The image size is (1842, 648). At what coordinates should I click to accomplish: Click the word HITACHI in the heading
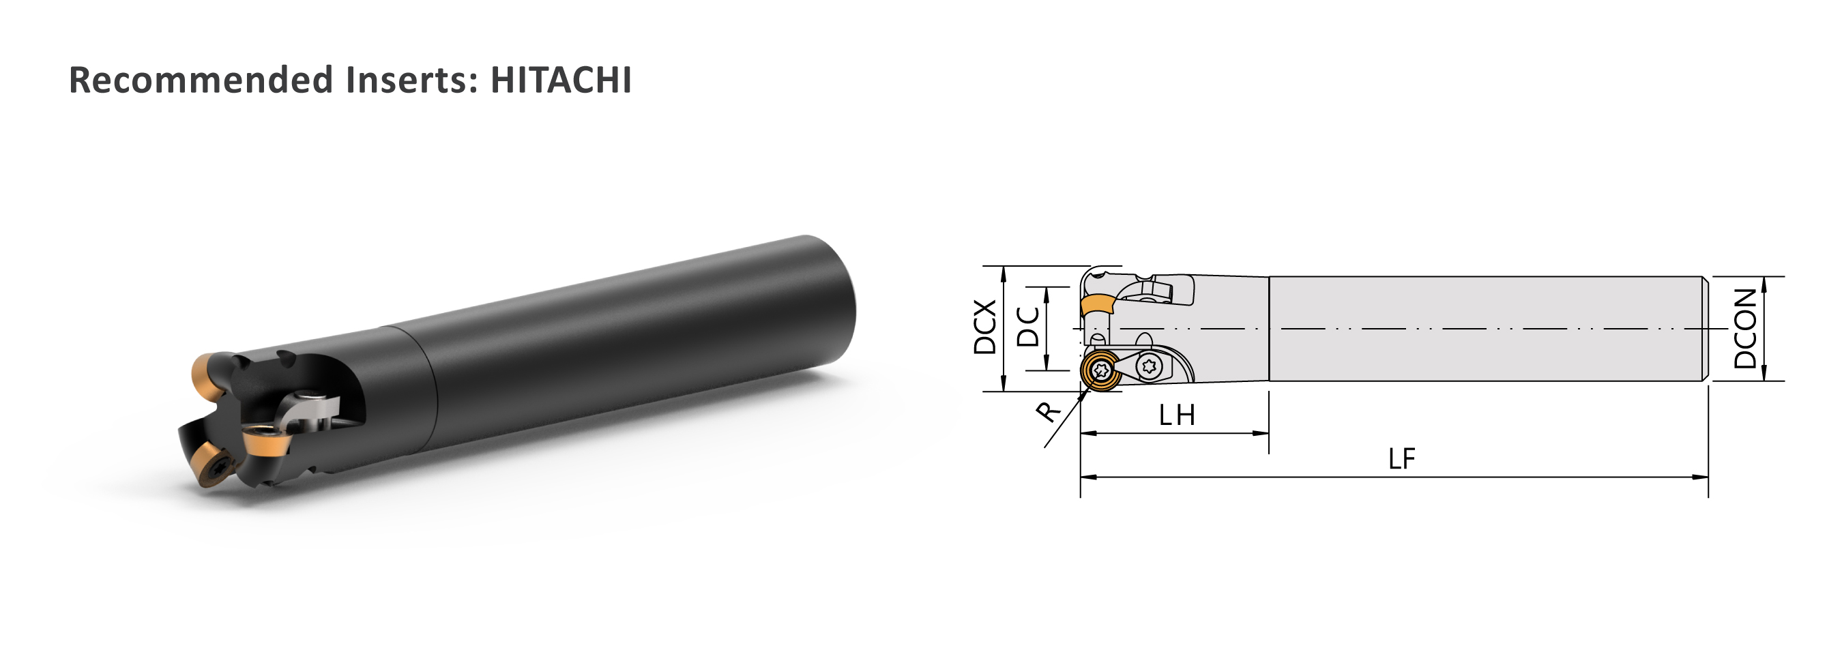(561, 79)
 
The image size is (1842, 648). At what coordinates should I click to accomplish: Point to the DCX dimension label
(984, 327)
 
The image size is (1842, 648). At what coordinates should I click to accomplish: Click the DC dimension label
(1027, 327)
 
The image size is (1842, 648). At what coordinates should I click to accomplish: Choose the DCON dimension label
(1744, 328)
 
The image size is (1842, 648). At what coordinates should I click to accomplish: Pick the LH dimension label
(1177, 415)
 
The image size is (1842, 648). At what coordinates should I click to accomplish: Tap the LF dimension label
(1401, 458)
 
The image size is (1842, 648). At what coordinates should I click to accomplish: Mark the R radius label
(1049, 411)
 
